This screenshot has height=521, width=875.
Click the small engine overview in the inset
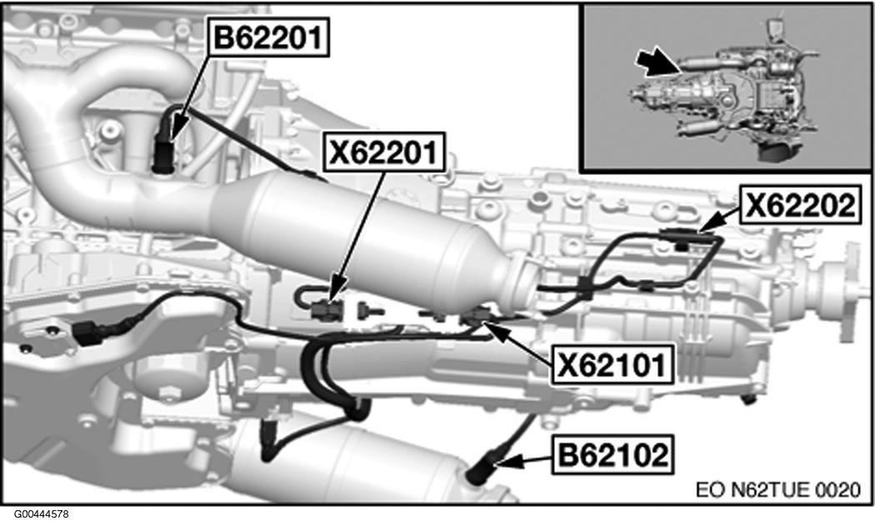click(x=725, y=92)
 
